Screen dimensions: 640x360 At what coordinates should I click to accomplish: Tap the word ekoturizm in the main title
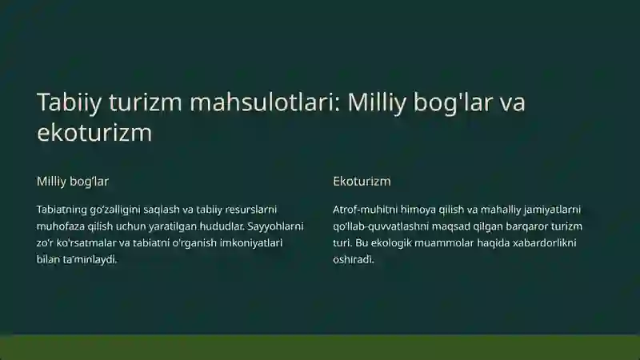tap(94, 132)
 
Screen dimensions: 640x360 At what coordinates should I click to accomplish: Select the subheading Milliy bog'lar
tap(73, 182)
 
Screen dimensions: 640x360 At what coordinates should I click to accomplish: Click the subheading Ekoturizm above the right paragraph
tap(362, 182)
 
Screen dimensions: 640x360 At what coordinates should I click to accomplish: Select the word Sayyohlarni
tap(275, 226)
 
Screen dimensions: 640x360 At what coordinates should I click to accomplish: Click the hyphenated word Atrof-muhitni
tap(365, 210)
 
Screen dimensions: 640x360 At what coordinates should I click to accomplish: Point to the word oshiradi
tap(354, 260)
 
